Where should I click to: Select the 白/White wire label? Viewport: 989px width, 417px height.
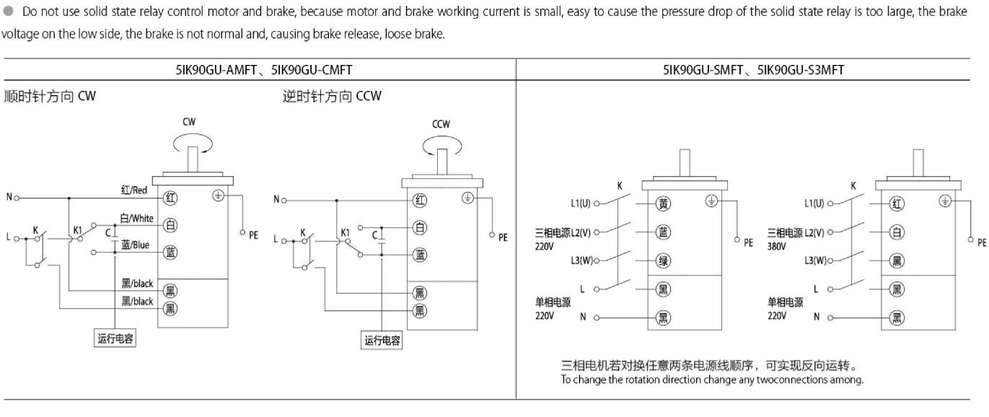pyautogui.click(x=136, y=218)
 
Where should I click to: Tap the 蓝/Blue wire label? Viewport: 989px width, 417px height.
pyautogui.click(x=135, y=245)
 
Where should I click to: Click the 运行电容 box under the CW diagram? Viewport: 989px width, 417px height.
pyautogui.click(x=115, y=338)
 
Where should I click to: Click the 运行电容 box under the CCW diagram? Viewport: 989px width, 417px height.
pyautogui.click(x=382, y=341)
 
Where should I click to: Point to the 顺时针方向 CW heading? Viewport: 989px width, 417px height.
pyautogui.click(x=50, y=97)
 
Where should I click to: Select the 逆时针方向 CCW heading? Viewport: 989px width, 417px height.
pyautogui.click(x=332, y=97)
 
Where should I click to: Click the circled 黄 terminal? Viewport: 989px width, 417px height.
pyautogui.click(x=662, y=203)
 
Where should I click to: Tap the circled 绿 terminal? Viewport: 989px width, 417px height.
pyautogui.click(x=662, y=260)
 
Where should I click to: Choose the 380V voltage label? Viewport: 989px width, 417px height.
pyautogui.click(x=778, y=245)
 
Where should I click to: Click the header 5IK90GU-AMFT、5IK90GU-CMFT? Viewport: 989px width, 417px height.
pyautogui.click(x=264, y=70)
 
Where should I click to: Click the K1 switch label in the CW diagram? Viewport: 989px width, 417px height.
pyautogui.click(x=78, y=231)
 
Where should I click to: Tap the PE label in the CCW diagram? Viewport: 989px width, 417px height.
pyautogui.click(x=503, y=237)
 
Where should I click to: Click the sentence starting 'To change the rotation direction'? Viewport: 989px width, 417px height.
pyautogui.click(x=712, y=379)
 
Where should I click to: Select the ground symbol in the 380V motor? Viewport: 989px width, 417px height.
pyautogui.click(x=945, y=200)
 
